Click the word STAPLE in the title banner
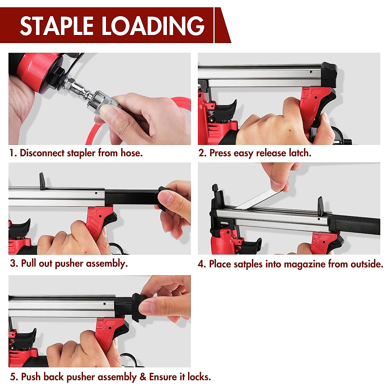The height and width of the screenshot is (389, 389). click(57, 26)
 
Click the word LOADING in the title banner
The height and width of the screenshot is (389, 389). click(153, 26)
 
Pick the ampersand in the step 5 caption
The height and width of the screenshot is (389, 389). click(143, 377)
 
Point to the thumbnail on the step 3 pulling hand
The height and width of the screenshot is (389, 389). click(166, 197)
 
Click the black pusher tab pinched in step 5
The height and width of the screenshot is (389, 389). click(138, 306)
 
